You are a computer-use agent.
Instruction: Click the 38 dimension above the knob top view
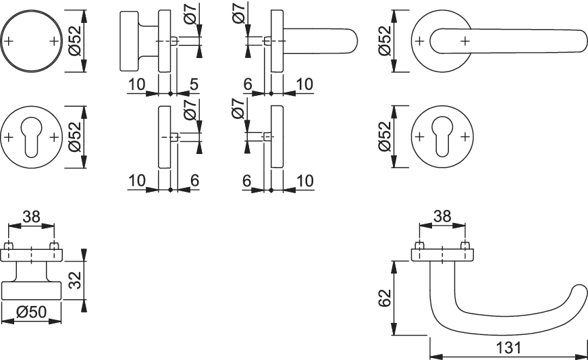pyautogui.click(x=31, y=217)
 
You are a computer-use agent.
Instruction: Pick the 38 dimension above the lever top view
pyautogui.click(x=442, y=217)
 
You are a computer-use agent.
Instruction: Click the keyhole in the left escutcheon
pyautogui.click(x=32, y=134)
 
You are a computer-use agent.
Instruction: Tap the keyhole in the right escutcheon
pyautogui.click(x=442, y=134)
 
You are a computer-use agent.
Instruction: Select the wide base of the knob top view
pyautogui.click(x=32, y=290)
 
